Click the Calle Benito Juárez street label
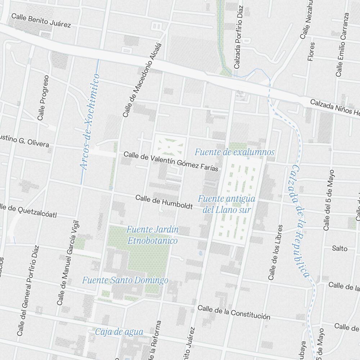[x=41, y=21]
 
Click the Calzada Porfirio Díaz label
[x=238, y=37]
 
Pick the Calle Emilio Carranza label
[x=342, y=45]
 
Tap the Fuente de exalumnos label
[x=234, y=152]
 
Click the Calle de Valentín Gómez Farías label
[x=171, y=161]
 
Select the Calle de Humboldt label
[x=164, y=202]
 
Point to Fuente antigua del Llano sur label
[x=226, y=204]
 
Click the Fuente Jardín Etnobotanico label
[x=152, y=235]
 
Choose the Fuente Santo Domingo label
[x=125, y=280]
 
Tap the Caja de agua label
[x=119, y=332]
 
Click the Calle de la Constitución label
[x=234, y=312]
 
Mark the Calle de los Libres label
[x=275, y=253]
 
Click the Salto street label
[x=339, y=248]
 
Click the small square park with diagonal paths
[x=168, y=147]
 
